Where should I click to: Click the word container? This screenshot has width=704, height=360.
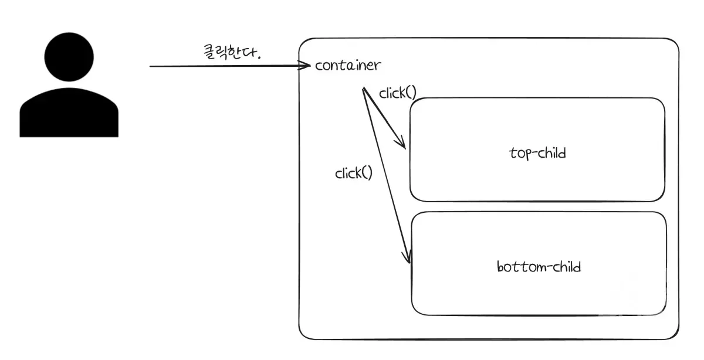coord(347,65)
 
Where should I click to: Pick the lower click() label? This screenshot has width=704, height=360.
coord(353,173)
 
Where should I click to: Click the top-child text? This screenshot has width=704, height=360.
coord(537,154)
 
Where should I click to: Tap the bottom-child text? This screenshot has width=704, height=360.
coord(539,267)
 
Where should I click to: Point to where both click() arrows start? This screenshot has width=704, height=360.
coord(364,89)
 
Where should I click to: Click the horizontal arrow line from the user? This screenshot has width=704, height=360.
coord(229,66)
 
